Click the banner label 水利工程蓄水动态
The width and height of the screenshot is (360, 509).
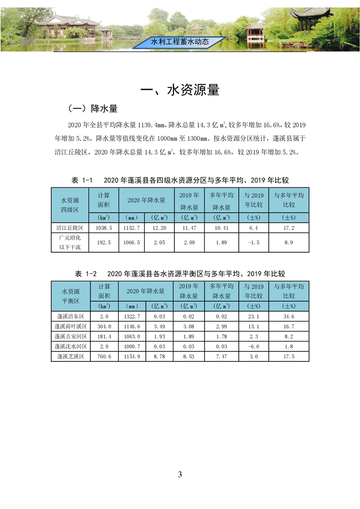pyautogui.click(x=180, y=42)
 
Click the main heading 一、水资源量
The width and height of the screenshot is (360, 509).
pyautogui.click(x=180, y=90)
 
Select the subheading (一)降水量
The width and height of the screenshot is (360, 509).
pyautogui.click(x=93, y=109)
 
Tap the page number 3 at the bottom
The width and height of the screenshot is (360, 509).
pyautogui.click(x=180, y=475)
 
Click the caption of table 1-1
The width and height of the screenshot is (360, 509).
pyautogui.click(x=180, y=180)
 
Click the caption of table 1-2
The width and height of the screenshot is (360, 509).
pyautogui.click(x=180, y=274)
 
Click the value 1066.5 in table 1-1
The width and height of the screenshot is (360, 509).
pyautogui.click(x=132, y=243)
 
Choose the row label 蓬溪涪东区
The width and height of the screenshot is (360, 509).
pyautogui.click(x=70, y=316)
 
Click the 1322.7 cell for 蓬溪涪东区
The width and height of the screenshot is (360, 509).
pyautogui.click(x=132, y=316)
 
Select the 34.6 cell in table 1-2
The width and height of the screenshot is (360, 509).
pyautogui.click(x=289, y=316)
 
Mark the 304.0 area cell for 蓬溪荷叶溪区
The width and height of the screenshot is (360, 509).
pyautogui.click(x=104, y=326)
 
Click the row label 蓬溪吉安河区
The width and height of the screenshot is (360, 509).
pyautogui.click(x=70, y=336)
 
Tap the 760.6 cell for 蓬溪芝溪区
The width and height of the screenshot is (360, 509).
pyautogui.click(x=104, y=357)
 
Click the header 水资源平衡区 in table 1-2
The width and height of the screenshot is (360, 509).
pyautogui.click(x=70, y=296)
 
